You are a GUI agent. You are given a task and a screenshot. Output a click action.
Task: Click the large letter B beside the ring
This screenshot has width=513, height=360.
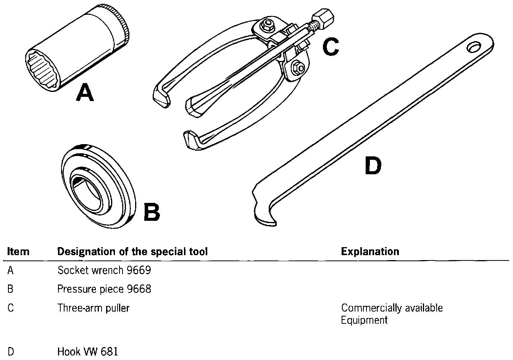tap(152, 212)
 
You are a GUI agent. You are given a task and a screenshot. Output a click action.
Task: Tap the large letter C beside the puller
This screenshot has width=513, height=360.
tap(330, 46)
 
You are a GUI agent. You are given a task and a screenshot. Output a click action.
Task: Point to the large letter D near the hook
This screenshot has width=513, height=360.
tap(373, 166)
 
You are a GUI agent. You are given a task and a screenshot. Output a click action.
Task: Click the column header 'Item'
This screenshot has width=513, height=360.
tap(18, 252)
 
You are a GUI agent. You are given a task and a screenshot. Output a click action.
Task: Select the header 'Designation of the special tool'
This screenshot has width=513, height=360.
tap(132, 252)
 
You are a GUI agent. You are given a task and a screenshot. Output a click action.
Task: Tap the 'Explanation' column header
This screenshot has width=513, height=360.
tap(370, 252)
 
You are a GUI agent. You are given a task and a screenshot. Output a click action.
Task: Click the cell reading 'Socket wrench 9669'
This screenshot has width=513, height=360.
tap(104, 270)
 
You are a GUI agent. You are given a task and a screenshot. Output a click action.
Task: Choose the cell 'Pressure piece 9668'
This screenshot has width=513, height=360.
tap(104, 289)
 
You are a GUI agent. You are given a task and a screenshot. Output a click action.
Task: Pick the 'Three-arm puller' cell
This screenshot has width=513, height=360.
tap(94, 308)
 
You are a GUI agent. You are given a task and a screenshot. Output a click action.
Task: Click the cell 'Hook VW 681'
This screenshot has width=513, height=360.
tap(88, 351)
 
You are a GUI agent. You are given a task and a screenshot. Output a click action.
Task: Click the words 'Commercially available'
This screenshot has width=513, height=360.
tap(392, 308)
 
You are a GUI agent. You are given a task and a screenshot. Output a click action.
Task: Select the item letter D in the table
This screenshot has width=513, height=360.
tap(11, 351)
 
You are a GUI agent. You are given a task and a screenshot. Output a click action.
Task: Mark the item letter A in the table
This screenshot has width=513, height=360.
tap(11, 270)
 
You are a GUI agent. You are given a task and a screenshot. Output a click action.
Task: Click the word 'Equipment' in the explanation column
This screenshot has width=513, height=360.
tap(364, 320)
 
